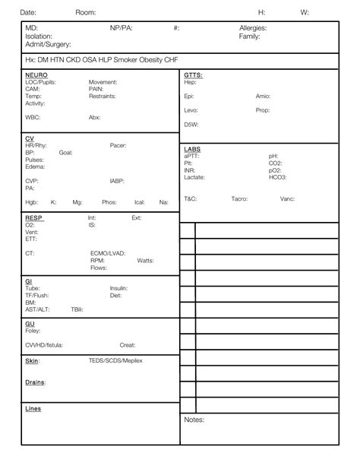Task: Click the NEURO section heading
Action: click(36, 75)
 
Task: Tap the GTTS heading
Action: click(193, 75)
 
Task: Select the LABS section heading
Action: click(192, 148)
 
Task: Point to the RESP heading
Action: click(34, 218)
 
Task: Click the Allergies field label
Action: click(253, 28)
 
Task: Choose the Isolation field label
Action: click(39, 36)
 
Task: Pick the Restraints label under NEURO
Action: click(103, 97)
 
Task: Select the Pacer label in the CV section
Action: click(118, 145)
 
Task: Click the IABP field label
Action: click(118, 181)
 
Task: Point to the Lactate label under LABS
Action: click(194, 177)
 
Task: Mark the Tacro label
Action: click(239, 198)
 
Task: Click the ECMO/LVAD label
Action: click(108, 253)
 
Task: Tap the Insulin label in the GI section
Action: click(118, 288)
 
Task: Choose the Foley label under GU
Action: click(33, 331)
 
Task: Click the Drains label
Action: click(35, 382)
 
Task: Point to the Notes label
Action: click(194, 419)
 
